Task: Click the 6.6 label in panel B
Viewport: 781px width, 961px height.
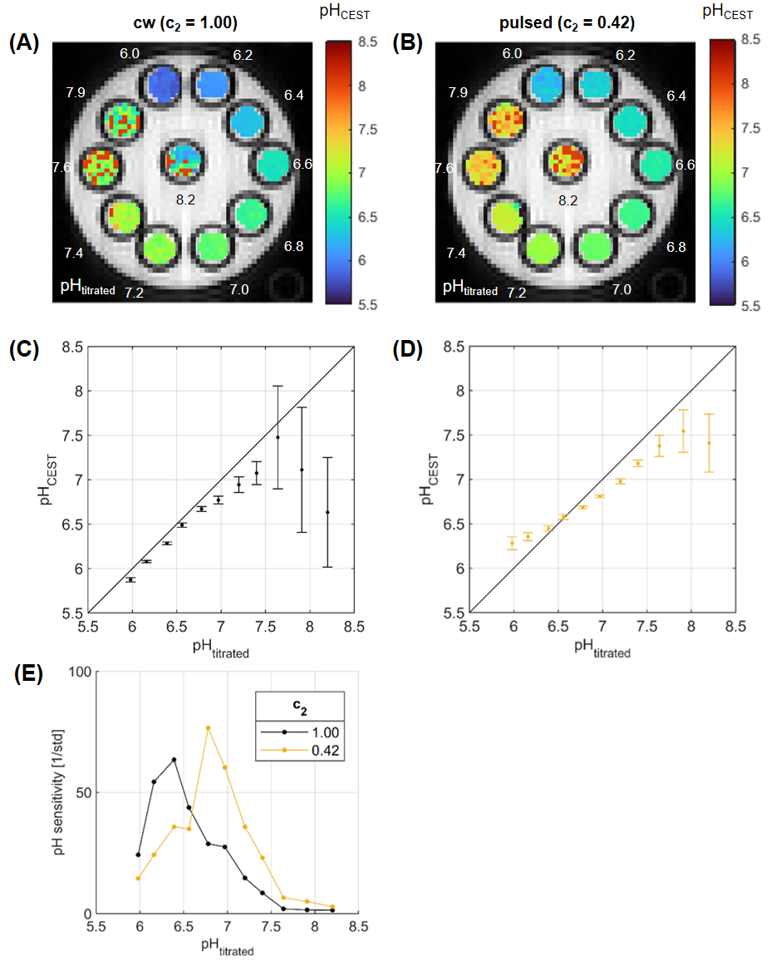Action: (685, 165)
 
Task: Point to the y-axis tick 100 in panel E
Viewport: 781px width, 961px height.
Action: (106, 672)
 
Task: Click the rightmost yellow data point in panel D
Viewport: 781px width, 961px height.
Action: (709, 443)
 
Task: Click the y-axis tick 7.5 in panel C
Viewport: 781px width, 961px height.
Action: (73, 436)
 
